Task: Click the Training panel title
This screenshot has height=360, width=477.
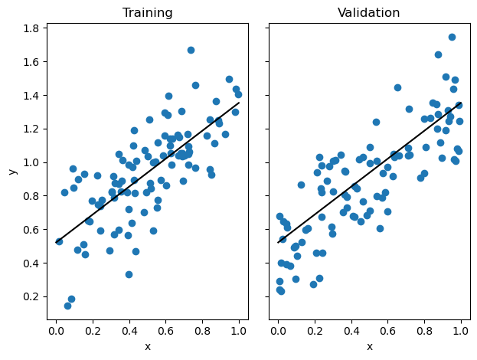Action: [x=148, y=13]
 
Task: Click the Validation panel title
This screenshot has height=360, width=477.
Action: [x=369, y=13]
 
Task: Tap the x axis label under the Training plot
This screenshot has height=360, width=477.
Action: [x=148, y=346]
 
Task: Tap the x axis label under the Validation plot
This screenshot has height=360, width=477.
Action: [x=369, y=346]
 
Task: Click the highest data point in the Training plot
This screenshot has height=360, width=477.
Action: [x=191, y=51]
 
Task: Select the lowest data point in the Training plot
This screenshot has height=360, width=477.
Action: [x=67, y=306]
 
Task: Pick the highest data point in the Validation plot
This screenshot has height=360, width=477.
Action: [x=452, y=37]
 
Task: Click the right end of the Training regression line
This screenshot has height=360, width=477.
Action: [x=239, y=103]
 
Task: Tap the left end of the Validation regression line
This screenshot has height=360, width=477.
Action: [x=279, y=243]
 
